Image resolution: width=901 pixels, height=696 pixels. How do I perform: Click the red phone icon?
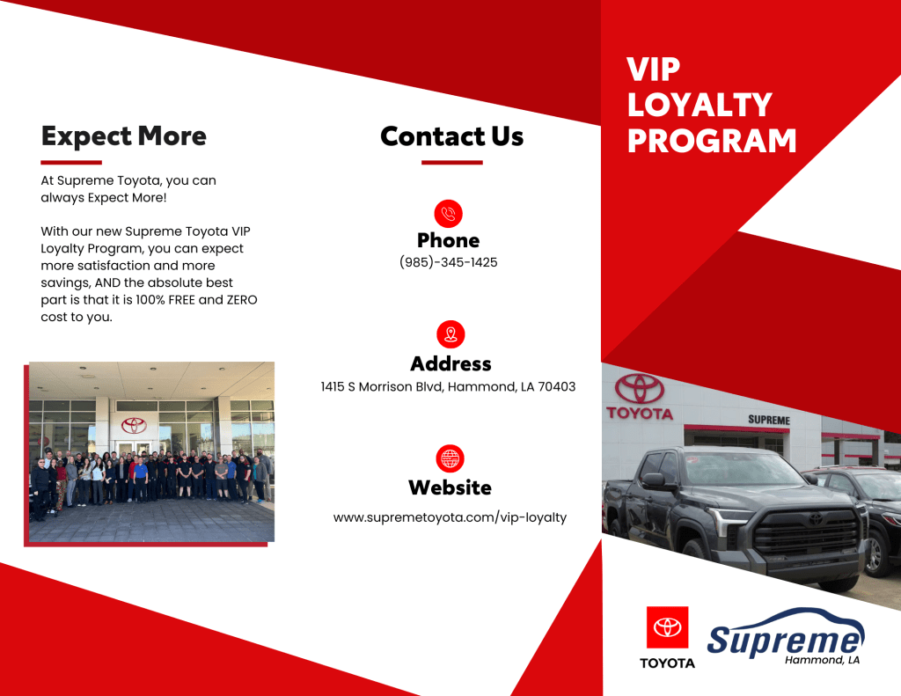pyautogui.click(x=448, y=214)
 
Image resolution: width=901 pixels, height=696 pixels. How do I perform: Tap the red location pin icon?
pyautogui.click(x=450, y=334)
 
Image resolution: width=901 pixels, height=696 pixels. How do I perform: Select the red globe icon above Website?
pyautogui.click(x=450, y=458)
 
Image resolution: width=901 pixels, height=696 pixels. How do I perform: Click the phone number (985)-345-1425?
pyautogui.click(x=448, y=262)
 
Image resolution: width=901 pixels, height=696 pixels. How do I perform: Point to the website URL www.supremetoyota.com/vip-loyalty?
pyautogui.click(x=450, y=517)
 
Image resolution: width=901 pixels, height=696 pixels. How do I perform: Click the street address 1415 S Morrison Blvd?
pyautogui.click(x=382, y=387)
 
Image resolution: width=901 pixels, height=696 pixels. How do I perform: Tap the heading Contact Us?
pyautogui.click(x=451, y=136)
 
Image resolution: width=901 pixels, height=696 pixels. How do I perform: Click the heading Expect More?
pyautogui.click(x=123, y=136)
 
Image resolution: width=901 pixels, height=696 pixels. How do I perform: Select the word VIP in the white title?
pyautogui.click(x=654, y=70)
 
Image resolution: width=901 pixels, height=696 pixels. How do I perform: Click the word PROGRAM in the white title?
pyautogui.click(x=712, y=141)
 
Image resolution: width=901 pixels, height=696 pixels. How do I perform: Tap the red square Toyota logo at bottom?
pyautogui.click(x=667, y=627)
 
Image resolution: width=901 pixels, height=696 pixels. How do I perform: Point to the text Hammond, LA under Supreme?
pyautogui.click(x=823, y=660)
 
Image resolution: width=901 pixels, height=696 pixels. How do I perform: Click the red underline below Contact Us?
pyautogui.click(x=451, y=163)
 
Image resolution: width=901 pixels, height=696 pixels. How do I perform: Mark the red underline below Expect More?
pyautogui.click(x=71, y=163)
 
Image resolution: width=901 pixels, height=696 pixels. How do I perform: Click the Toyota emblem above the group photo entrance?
pyautogui.click(x=134, y=425)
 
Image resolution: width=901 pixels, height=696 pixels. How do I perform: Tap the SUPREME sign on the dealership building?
pyautogui.click(x=769, y=420)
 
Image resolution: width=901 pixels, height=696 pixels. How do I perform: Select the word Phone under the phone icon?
pyautogui.click(x=448, y=240)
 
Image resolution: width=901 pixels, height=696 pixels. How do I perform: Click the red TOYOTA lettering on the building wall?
pyautogui.click(x=640, y=414)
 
